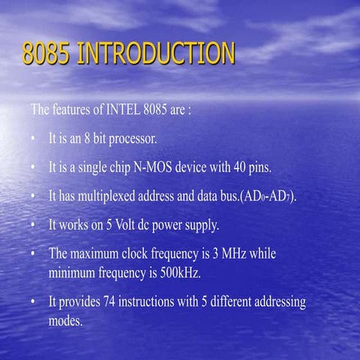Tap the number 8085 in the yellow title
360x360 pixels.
[x=46, y=54]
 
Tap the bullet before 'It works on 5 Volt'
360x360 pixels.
[x=34, y=225]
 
